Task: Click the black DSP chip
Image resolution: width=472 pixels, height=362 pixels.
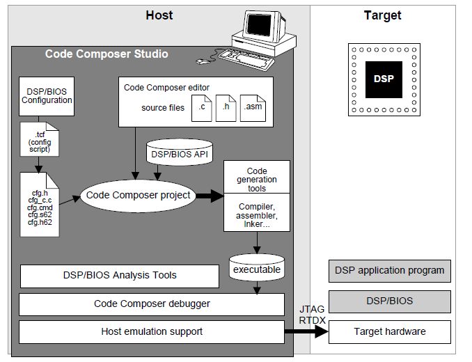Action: coord(383,79)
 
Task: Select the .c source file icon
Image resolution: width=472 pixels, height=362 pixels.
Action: coord(200,109)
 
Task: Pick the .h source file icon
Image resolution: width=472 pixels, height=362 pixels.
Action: coord(226,109)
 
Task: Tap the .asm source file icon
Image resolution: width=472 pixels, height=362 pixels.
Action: coord(252,109)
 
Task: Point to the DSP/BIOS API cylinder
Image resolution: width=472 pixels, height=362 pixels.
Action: coord(180,152)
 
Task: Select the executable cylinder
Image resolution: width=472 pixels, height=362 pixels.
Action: coord(256,268)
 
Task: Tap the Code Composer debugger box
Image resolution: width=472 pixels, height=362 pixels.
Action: coord(152,304)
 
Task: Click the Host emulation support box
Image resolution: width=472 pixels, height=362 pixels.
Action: coord(152,332)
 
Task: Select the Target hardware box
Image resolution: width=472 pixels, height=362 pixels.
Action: coord(389,332)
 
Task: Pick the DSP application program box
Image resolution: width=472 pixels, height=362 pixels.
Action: coord(389,270)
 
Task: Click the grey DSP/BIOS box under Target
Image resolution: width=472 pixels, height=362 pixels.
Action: coord(389,301)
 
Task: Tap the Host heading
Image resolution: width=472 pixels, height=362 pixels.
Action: coord(159,15)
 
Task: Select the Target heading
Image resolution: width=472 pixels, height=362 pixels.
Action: coord(382,15)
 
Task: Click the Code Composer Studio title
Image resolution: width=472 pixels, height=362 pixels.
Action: coord(107,54)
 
